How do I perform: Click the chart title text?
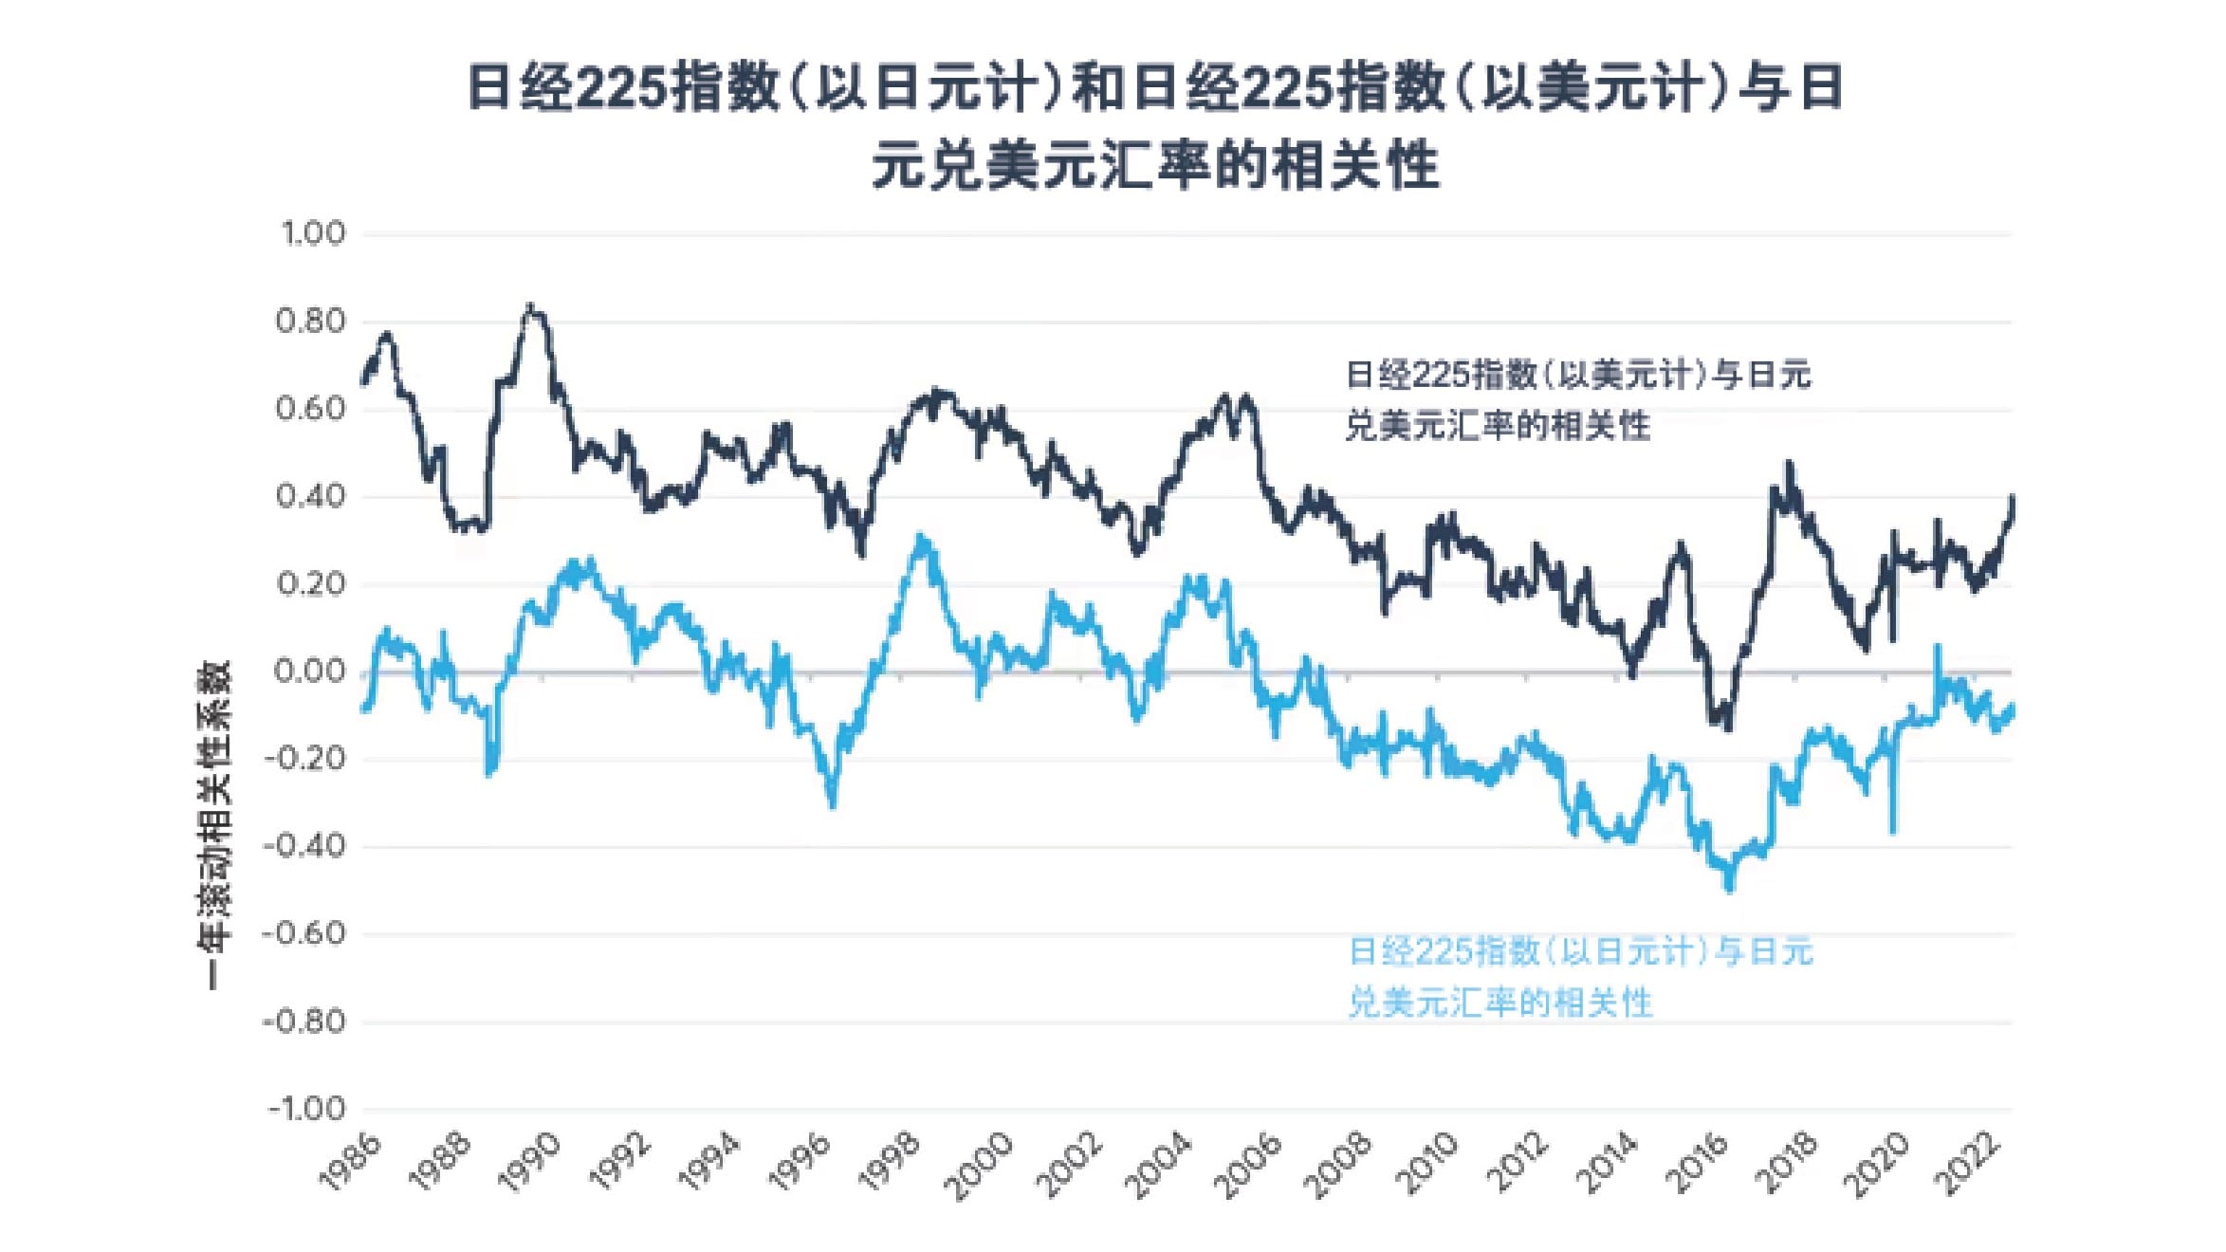click(x=1155, y=125)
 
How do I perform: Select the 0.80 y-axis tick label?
click(x=311, y=322)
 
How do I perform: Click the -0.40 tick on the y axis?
click(x=305, y=846)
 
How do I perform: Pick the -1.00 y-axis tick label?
click(x=305, y=1109)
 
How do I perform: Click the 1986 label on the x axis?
click(x=350, y=1161)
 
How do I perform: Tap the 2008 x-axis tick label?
click(x=1337, y=1161)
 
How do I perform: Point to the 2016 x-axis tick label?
click(x=1697, y=1161)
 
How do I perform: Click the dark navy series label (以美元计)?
click(x=1577, y=399)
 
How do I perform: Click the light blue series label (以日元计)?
click(x=1579, y=976)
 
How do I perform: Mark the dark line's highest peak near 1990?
click(x=531, y=307)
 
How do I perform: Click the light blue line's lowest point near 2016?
click(x=1728, y=889)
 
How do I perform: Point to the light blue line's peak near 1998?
click(x=920, y=538)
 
